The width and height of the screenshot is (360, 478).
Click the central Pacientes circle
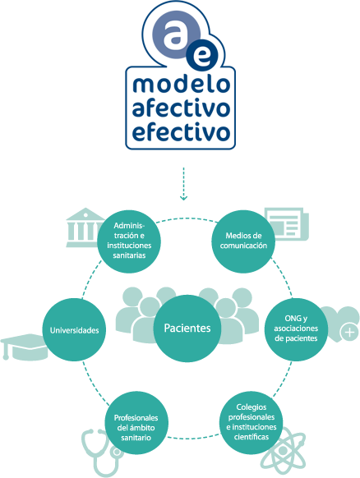point(187,329)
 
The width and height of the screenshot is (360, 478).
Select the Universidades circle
point(74,330)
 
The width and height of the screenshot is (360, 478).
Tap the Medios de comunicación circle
point(243,241)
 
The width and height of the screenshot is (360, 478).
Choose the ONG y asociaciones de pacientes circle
point(296,329)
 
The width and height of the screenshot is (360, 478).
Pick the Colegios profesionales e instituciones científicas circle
point(251,423)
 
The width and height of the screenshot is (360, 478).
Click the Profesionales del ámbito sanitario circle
point(136,423)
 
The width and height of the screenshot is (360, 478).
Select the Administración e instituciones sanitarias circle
point(129,241)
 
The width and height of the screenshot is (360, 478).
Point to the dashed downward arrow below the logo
point(183,184)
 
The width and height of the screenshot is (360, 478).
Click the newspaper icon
point(287,224)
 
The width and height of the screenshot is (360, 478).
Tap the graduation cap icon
point(25,347)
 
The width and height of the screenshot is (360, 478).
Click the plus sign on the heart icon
point(349,332)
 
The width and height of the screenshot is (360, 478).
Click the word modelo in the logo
point(181,84)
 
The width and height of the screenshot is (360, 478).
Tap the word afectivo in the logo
point(181,108)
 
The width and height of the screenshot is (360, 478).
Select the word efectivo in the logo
point(181,131)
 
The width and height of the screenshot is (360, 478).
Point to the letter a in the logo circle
point(177,34)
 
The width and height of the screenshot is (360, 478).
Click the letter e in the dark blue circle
point(202,57)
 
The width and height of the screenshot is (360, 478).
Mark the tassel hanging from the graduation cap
point(5,351)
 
